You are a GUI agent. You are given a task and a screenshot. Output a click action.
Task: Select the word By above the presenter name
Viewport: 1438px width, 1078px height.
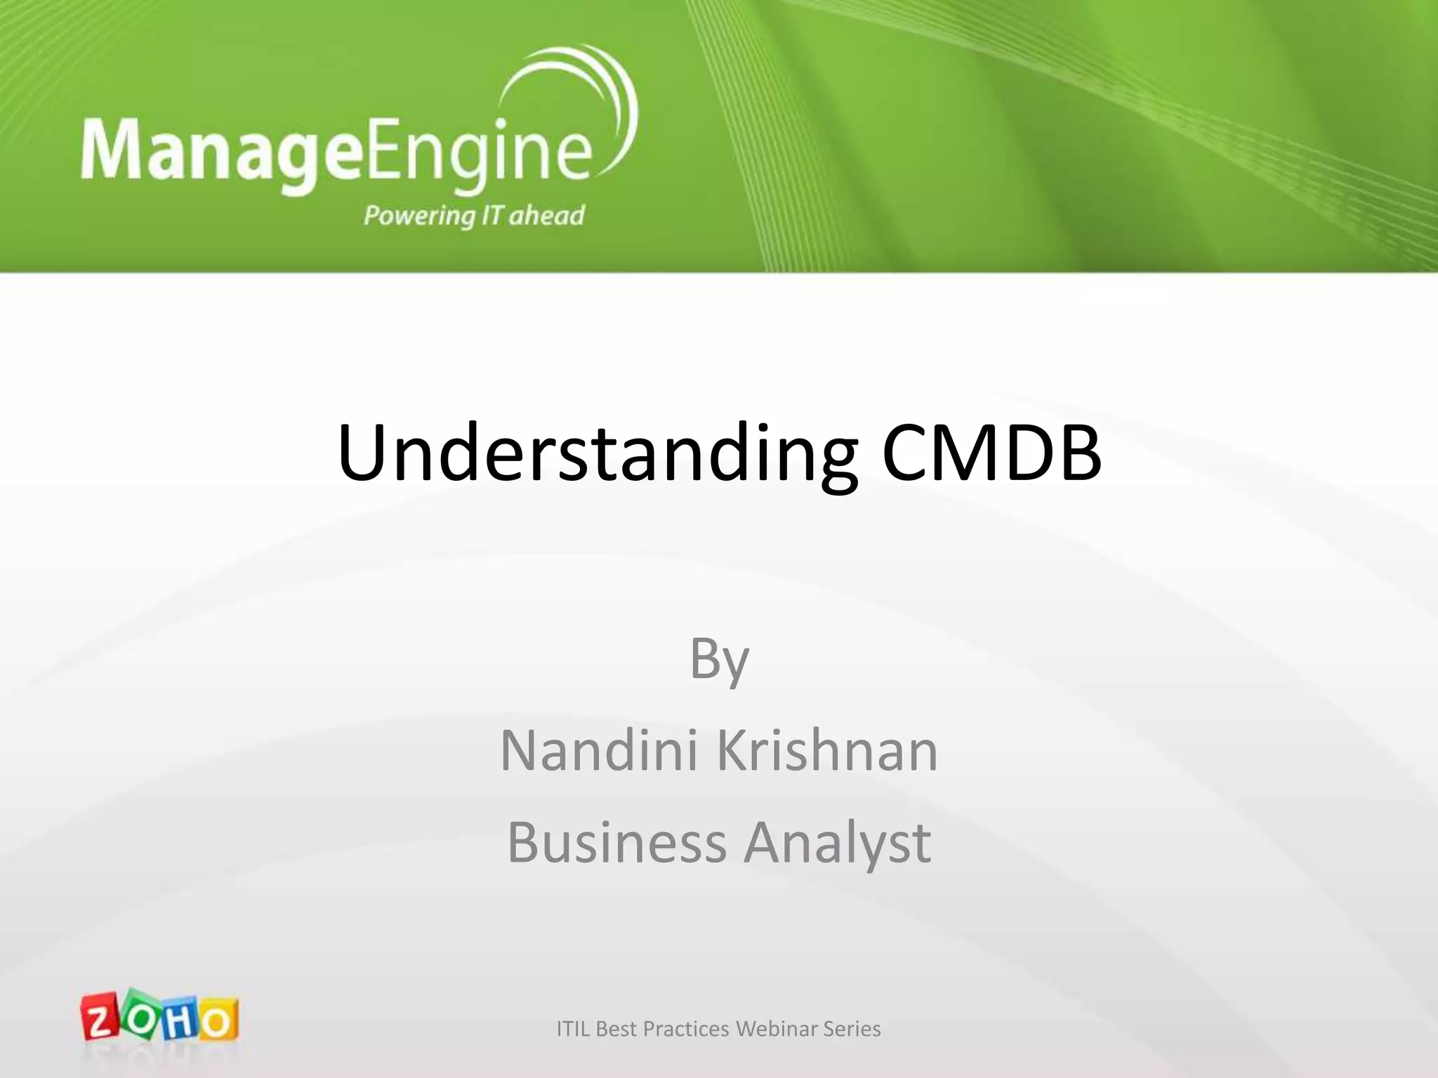pyautogui.click(x=719, y=660)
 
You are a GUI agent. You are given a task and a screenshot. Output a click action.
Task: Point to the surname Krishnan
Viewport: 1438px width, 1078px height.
pyautogui.click(x=827, y=751)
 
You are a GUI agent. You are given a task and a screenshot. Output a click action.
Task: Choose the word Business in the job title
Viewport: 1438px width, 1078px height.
pyautogui.click(x=616, y=842)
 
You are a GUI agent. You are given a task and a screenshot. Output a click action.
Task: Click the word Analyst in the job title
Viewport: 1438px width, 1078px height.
pyautogui.click(x=838, y=842)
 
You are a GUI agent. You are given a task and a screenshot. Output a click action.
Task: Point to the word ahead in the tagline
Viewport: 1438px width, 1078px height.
pyautogui.click(x=546, y=215)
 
